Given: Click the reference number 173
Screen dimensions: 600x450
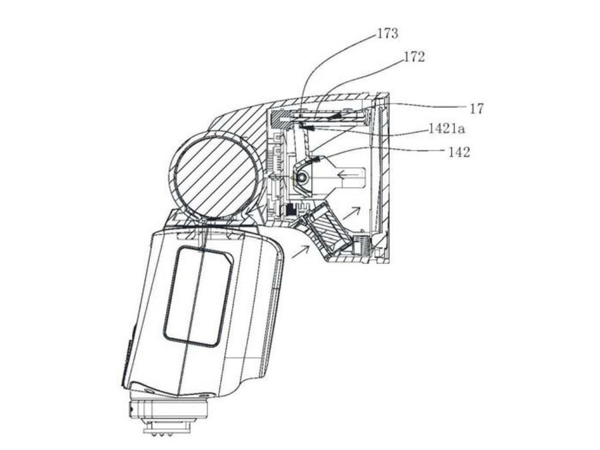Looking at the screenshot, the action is [387, 34].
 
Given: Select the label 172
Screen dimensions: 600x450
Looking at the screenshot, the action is [415, 57].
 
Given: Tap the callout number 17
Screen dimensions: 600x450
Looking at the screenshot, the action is [477, 109].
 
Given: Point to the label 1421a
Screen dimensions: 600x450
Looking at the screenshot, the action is [447, 129].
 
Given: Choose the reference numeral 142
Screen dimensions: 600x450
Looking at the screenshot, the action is [459, 152].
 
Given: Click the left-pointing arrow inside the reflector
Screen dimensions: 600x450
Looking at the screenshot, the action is [349, 175].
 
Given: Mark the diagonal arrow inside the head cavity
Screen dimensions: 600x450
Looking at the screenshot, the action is [351, 213].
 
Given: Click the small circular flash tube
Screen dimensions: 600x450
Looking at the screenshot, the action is [302, 177].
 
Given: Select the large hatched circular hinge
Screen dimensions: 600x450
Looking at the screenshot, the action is [215, 174].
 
